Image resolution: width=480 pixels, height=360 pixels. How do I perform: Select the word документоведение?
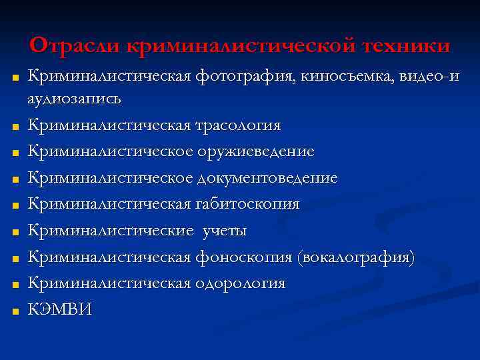(x=267, y=178)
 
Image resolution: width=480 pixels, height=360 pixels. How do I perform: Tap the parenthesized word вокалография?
(x=357, y=257)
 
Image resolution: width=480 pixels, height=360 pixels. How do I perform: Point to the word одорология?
(x=240, y=283)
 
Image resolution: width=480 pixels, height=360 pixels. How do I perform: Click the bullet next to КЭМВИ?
(x=13, y=311)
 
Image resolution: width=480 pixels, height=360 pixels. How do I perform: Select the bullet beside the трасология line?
(x=13, y=126)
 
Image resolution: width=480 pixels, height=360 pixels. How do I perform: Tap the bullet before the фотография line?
(x=13, y=77)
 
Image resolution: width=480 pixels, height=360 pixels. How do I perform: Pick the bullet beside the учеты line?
(x=13, y=231)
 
